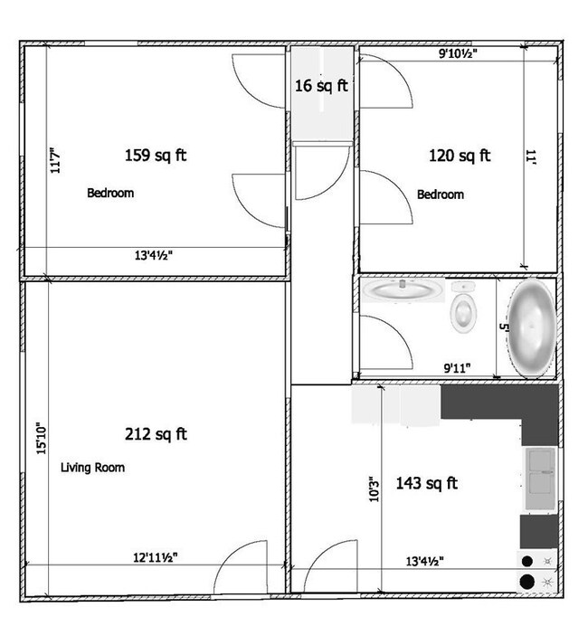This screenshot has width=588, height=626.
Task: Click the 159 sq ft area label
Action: (156, 156)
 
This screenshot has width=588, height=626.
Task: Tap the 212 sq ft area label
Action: (156, 434)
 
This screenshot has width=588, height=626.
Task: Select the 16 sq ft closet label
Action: (321, 85)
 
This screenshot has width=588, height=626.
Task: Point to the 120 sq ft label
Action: (460, 156)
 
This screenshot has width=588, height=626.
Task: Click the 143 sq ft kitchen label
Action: (426, 483)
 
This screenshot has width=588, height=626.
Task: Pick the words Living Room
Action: (92, 468)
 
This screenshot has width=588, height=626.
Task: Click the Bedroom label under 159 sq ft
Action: (110, 194)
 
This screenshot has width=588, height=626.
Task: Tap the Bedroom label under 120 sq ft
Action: (441, 194)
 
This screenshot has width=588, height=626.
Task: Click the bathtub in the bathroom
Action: (532, 328)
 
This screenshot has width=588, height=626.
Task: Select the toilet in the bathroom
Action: (463, 307)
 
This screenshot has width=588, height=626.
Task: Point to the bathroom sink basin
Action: (403, 289)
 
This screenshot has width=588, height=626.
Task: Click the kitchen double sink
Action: (540, 479)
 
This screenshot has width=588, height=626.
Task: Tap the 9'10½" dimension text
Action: (458, 53)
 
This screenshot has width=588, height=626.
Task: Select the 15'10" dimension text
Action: (41, 438)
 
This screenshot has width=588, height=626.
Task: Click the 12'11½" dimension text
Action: (156, 557)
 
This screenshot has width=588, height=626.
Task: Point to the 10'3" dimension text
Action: (374, 488)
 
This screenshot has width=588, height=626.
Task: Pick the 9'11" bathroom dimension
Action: (457, 367)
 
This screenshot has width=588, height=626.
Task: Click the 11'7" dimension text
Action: (55, 160)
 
